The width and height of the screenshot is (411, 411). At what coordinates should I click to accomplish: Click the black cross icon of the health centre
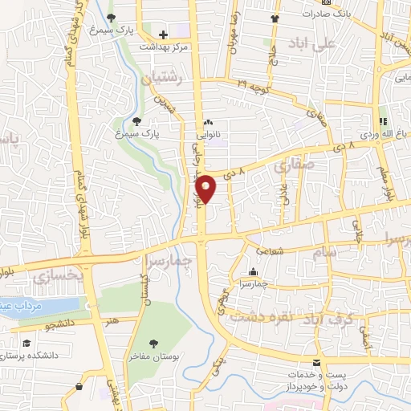click(x=163, y=35)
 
